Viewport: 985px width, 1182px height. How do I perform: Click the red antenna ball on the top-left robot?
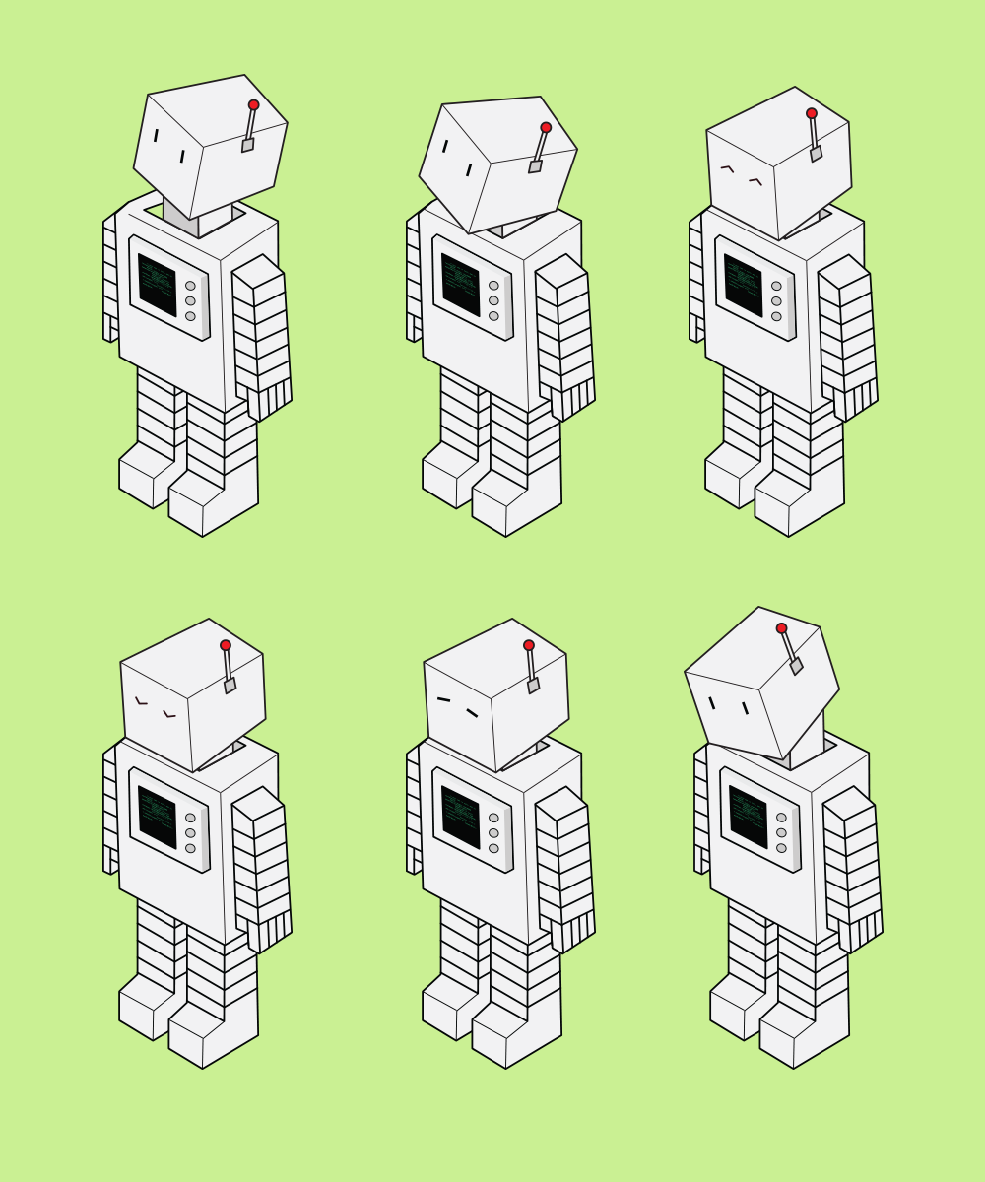pos(253,105)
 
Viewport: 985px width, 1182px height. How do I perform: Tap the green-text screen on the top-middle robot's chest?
pos(460,285)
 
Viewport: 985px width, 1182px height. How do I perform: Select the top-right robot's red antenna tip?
pos(812,114)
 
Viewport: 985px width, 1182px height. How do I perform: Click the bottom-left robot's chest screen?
pos(157,817)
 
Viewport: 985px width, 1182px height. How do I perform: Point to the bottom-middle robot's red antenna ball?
pos(529,645)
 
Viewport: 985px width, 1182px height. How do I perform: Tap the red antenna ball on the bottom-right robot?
pos(781,628)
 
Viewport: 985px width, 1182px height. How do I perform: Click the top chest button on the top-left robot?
pos(190,286)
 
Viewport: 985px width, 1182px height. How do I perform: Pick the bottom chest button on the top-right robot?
pos(776,316)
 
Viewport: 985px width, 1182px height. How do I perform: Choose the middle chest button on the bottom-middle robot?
pos(493,832)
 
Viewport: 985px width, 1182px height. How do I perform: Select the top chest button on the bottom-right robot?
pos(781,818)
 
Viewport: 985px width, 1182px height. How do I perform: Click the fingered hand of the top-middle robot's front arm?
pos(573,399)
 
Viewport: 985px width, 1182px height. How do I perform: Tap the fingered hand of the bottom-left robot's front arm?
pos(270,931)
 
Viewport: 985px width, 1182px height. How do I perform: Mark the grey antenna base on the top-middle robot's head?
pos(535,166)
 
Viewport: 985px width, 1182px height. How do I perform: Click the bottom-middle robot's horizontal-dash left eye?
pos(443,700)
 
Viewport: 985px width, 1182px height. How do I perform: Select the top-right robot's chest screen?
pos(743,285)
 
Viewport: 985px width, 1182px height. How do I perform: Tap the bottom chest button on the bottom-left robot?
pos(190,848)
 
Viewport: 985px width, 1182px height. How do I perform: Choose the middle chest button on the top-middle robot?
pos(493,300)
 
